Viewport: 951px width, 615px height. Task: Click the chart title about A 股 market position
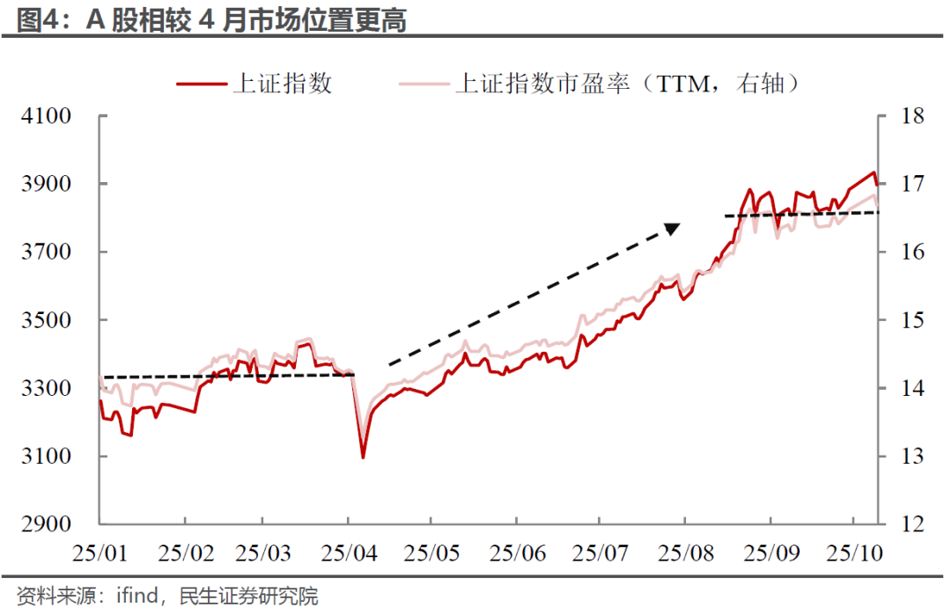point(211,19)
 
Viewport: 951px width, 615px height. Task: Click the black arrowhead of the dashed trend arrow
point(672,229)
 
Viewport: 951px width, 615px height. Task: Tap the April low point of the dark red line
point(363,457)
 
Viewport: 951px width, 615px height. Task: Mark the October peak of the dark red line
point(874,172)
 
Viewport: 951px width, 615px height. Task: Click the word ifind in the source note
point(136,597)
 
